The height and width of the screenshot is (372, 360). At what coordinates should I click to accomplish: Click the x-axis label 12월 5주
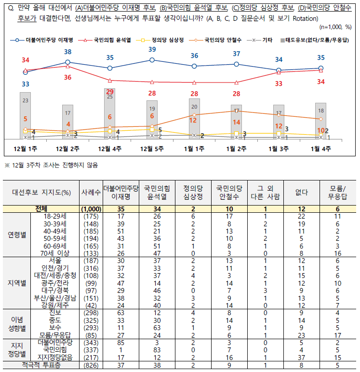point(152,149)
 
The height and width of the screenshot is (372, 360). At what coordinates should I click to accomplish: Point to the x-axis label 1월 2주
point(236,149)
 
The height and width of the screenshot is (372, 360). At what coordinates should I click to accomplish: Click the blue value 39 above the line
point(152,49)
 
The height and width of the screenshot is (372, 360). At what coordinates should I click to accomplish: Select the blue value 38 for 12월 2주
point(68,52)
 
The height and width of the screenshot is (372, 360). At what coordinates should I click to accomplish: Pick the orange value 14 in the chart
point(236,122)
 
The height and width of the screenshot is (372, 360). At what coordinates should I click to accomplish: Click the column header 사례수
point(91,192)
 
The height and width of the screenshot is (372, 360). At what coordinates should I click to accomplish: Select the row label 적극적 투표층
point(42,365)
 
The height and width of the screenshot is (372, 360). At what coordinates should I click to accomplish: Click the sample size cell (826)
point(91,365)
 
